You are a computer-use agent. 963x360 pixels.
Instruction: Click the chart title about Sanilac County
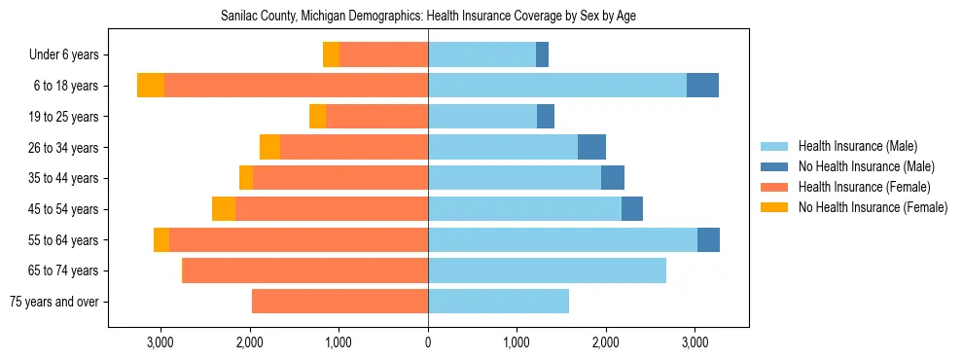(x=428, y=17)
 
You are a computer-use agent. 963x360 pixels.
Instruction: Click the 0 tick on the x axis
(x=428, y=342)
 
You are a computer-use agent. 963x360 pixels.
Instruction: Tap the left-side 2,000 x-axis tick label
(x=249, y=342)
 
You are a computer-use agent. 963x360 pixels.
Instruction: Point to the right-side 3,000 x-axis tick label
(x=695, y=342)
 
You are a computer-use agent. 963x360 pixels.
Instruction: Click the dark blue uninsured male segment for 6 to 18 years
(x=702, y=86)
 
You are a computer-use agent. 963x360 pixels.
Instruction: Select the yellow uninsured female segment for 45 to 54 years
(x=224, y=209)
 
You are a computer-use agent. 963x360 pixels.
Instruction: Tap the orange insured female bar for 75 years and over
(x=339, y=302)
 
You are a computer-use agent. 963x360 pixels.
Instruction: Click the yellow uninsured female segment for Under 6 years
(x=331, y=55)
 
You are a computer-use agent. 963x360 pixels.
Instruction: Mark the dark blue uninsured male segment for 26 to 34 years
(x=591, y=147)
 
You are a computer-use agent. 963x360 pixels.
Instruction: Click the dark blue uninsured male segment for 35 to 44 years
(x=613, y=178)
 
